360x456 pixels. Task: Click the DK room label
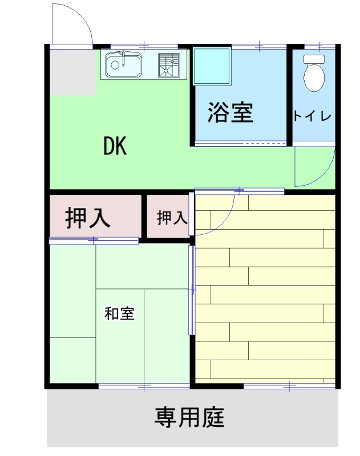pos(115,146)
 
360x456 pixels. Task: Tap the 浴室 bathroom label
pos(230,112)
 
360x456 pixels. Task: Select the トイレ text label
pos(312,116)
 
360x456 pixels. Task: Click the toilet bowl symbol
pos(313,79)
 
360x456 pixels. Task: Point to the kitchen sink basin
pos(124,66)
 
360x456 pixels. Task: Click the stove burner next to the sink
pos(168,65)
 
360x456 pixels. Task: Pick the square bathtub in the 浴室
pos(212,66)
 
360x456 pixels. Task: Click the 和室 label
pos(119,313)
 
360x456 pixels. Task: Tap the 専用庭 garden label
pos(189,417)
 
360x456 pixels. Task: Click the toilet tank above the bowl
pos(313,59)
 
